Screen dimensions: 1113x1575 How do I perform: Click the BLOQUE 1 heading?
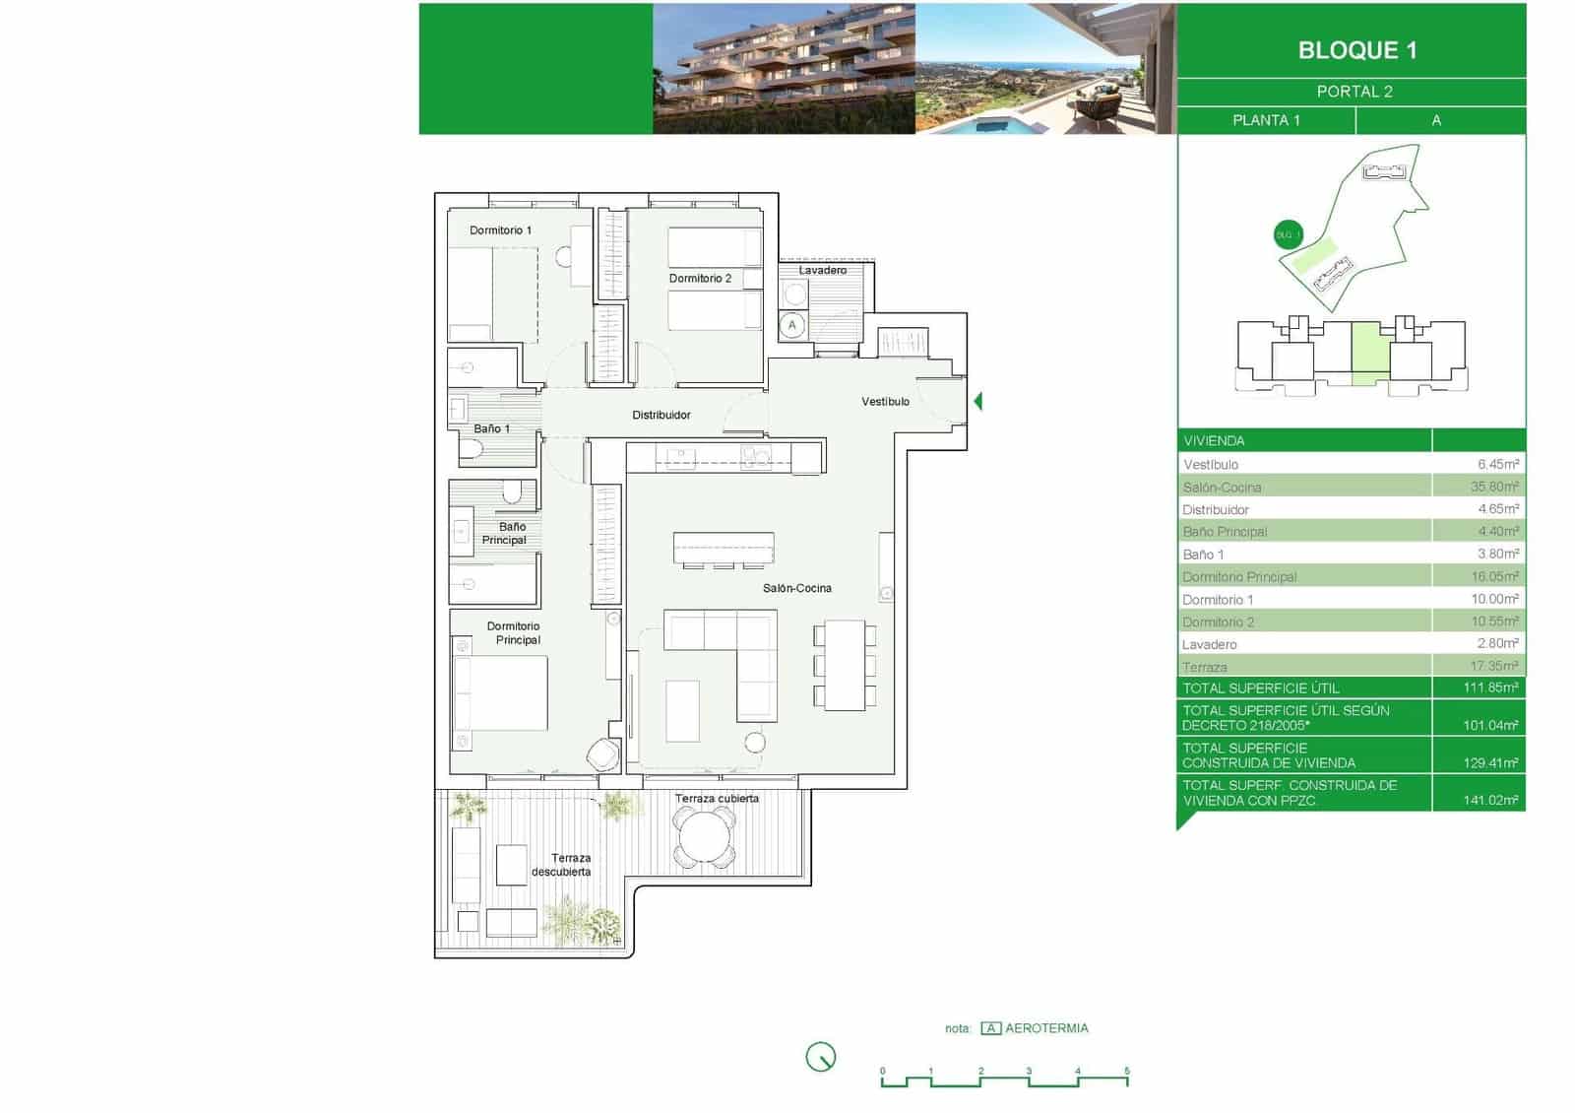point(1356,50)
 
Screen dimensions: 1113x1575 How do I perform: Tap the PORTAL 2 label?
point(1354,92)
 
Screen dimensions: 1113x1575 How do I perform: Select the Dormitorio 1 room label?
point(500,230)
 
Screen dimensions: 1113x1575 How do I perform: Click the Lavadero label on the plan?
point(822,270)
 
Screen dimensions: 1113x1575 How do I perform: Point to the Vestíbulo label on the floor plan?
point(885,402)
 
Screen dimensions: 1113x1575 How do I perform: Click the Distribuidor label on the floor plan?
point(661,416)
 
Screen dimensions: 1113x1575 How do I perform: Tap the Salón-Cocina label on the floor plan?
point(796,588)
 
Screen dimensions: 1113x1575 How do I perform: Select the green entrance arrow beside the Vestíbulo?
point(977,401)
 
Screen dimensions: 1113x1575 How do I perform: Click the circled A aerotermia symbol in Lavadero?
point(792,325)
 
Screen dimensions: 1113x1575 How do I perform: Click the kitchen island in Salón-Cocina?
point(724,548)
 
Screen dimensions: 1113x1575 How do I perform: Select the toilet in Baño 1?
point(472,451)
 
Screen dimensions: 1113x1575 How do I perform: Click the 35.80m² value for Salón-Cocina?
point(1494,487)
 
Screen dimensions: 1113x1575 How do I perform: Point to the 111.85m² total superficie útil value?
point(1490,687)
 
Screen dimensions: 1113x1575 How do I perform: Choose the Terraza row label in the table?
point(1204,667)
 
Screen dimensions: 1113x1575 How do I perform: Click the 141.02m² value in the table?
point(1490,800)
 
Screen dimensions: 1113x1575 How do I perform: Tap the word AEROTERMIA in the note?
point(1046,1028)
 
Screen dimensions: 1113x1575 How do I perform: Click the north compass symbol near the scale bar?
point(820,1057)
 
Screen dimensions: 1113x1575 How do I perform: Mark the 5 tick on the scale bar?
point(1127,1072)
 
